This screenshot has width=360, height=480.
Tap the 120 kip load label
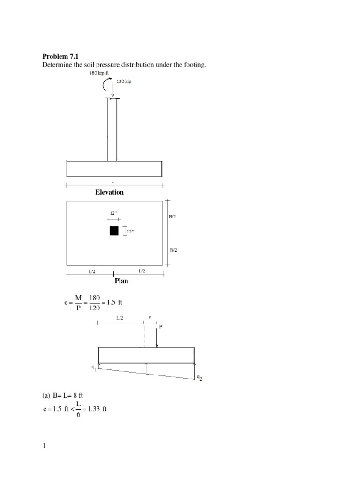(124, 82)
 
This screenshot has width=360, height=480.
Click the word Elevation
(109, 192)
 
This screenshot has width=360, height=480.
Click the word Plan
(121, 281)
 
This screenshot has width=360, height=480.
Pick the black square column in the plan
(114, 231)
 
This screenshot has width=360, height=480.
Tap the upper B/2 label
(173, 217)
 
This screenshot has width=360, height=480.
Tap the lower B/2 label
(173, 250)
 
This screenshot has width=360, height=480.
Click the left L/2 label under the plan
(92, 271)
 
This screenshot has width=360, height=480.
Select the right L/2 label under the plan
(142, 271)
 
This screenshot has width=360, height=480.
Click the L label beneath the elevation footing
(112, 181)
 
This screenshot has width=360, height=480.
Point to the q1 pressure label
(94, 368)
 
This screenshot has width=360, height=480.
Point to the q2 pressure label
(199, 377)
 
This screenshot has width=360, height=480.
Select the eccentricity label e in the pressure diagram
(150, 317)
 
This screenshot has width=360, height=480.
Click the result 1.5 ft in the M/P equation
(114, 302)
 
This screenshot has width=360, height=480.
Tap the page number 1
(44, 446)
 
